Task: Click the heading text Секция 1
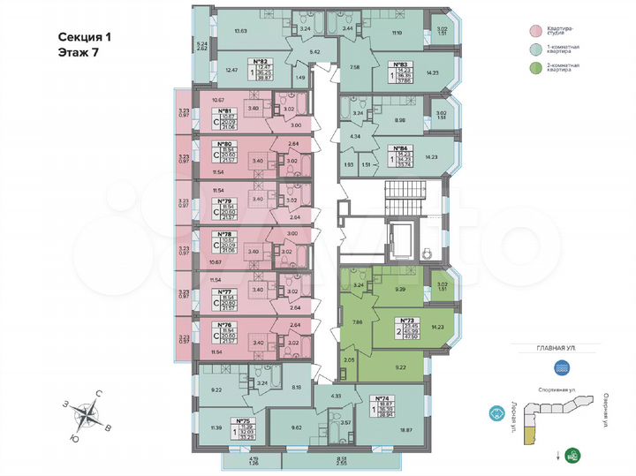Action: click(x=85, y=38)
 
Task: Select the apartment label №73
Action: click(x=407, y=320)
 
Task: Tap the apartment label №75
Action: click(x=244, y=421)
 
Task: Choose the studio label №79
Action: click(x=224, y=201)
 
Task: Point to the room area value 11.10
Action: click(x=396, y=32)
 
